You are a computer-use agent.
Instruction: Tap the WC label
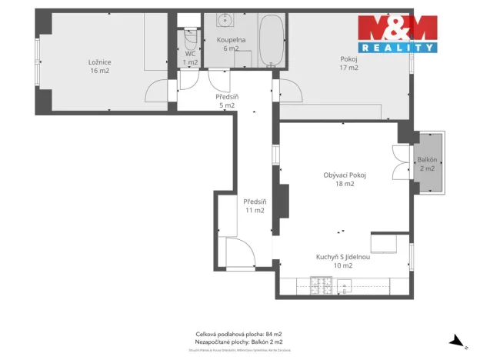coord(190,57)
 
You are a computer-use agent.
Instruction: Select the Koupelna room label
coord(231,43)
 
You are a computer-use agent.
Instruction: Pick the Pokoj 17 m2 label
coord(348,62)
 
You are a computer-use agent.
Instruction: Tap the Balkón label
coord(426,164)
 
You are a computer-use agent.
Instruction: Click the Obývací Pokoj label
coord(344,179)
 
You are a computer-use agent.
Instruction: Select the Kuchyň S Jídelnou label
coord(343,261)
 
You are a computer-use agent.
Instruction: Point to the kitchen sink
coord(344,285)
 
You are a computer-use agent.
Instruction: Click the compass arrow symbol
coord(455,339)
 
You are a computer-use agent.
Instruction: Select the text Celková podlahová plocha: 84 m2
coord(239,334)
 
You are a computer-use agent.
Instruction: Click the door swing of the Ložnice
coord(156,91)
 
